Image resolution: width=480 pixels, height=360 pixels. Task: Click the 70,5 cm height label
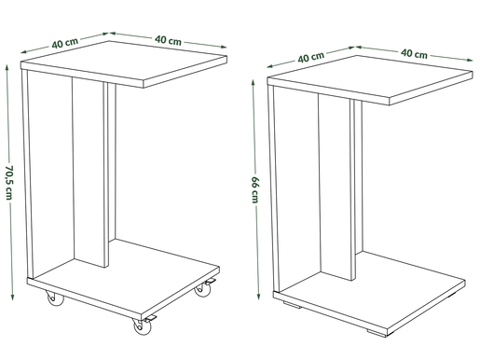tap(9, 182)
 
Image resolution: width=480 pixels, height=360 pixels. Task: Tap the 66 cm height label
tap(255, 189)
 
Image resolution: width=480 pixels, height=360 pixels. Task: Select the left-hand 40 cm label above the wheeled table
tap(65, 43)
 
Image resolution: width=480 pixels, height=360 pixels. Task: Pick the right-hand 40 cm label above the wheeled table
tap(168, 40)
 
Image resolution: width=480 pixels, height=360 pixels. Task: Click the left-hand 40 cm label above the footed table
tap(311, 57)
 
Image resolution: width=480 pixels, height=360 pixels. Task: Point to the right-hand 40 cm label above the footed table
tap(414, 54)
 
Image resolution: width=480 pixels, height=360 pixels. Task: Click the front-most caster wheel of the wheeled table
tap(143, 326)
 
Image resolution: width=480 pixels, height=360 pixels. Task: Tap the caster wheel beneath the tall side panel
tap(55, 298)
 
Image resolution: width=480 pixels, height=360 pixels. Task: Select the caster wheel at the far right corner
tap(202, 290)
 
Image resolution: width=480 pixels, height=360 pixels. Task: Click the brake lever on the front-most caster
tap(150, 318)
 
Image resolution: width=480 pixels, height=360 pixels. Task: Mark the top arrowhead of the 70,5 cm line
tap(7, 68)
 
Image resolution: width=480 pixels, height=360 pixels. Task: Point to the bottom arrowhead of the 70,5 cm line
tap(12, 297)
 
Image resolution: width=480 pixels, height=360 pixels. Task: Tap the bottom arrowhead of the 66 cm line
tap(258, 296)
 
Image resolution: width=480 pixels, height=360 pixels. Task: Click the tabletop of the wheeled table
tap(124, 64)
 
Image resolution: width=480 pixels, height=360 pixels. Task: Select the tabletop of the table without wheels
tap(370, 80)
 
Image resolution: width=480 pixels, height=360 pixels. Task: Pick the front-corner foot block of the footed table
tap(377, 332)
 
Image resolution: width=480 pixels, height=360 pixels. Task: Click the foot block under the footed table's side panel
tap(292, 305)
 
